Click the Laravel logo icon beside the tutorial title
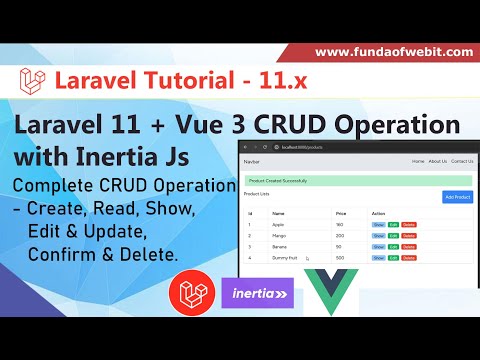click(33, 81)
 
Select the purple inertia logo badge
click(257, 296)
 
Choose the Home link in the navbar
click(418, 160)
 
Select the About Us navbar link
click(438, 160)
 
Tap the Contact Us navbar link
click(462, 160)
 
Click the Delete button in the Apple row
click(409, 225)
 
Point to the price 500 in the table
click(340, 257)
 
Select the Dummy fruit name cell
click(285, 257)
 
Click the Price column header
click(340, 213)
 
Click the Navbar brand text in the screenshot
click(252, 160)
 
